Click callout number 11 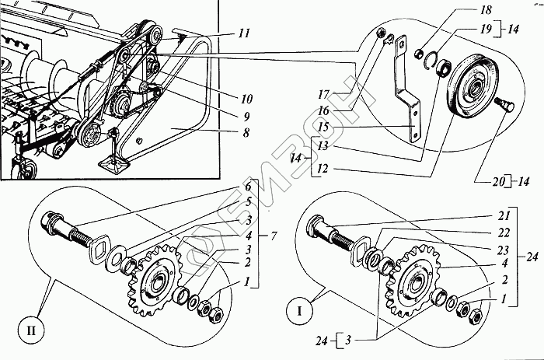point(245,33)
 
